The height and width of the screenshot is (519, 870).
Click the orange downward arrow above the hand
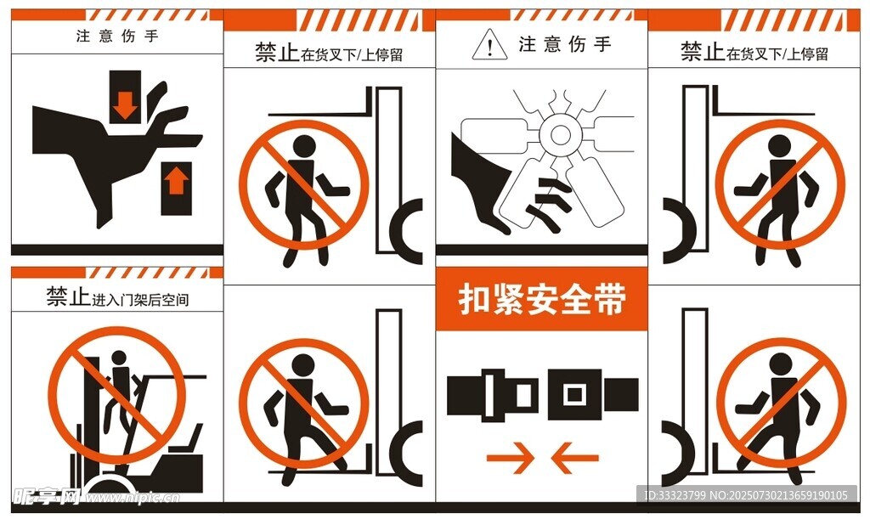click(x=125, y=104)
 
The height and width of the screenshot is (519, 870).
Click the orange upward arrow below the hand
click(x=177, y=182)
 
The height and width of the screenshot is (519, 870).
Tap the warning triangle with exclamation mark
click(x=489, y=45)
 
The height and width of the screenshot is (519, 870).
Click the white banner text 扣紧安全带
click(x=542, y=299)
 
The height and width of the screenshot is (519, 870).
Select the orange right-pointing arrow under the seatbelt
click(x=510, y=458)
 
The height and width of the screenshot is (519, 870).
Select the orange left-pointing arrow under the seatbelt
click(x=575, y=458)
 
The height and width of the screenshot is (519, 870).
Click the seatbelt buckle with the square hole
click(x=593, y=394)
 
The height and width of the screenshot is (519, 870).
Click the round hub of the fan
click(x=560, y=134)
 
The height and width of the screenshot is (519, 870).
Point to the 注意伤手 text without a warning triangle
click(x=117, y=37)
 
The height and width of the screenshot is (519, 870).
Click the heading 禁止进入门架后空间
click(x=117, y=298)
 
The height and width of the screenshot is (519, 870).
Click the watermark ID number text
click(x=746, y=494)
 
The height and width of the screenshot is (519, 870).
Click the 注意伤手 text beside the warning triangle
click(x=565, y=44)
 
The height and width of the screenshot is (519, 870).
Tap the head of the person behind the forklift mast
click(x=119, y=358)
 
